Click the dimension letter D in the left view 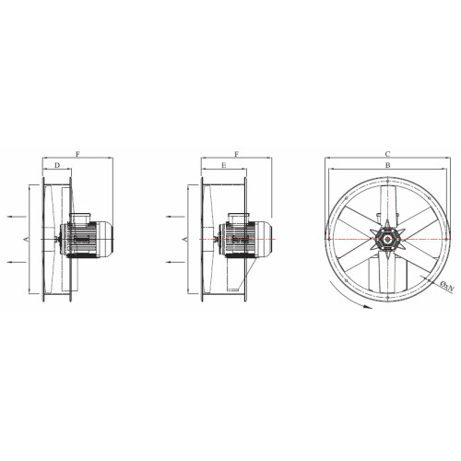[57, 165]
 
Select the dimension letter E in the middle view [224, 165]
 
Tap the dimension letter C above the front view [388, 154]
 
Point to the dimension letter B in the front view [388, 165]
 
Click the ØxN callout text [447, 286]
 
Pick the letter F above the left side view [77, 154]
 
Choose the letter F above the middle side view [237, 154]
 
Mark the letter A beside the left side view [26, 239]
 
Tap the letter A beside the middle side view [185, 239]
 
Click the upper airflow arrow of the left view [17, 217]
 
